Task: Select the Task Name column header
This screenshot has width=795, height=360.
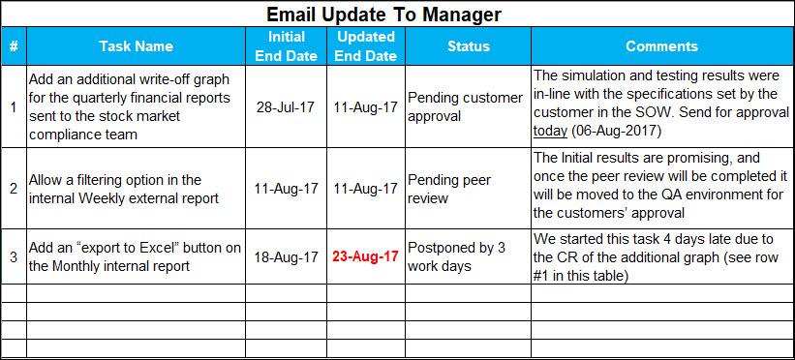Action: tap(136, 45)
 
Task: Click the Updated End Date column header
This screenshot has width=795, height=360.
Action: tap(366, 45)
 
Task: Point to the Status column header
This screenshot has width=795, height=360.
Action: tap(468, 45)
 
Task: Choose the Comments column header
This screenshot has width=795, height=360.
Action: tap(661, 45)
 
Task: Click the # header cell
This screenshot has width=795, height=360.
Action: tap(13, 45)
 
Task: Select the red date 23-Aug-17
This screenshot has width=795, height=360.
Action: tap(366, 257)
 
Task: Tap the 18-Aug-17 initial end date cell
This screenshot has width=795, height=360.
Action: tap(288, 257)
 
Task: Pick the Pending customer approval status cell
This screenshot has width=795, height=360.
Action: tap(465, 107)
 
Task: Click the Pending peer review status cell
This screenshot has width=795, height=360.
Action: tap(448, 189)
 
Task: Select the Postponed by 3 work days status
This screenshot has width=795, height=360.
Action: tap(456, 256)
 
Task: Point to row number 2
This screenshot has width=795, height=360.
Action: tap(13, 189)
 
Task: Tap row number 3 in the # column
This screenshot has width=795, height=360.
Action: tap(13, 257)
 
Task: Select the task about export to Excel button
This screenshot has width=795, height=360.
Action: tap(135, 257)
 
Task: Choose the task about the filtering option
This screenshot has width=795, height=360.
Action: tap(122, 189)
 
